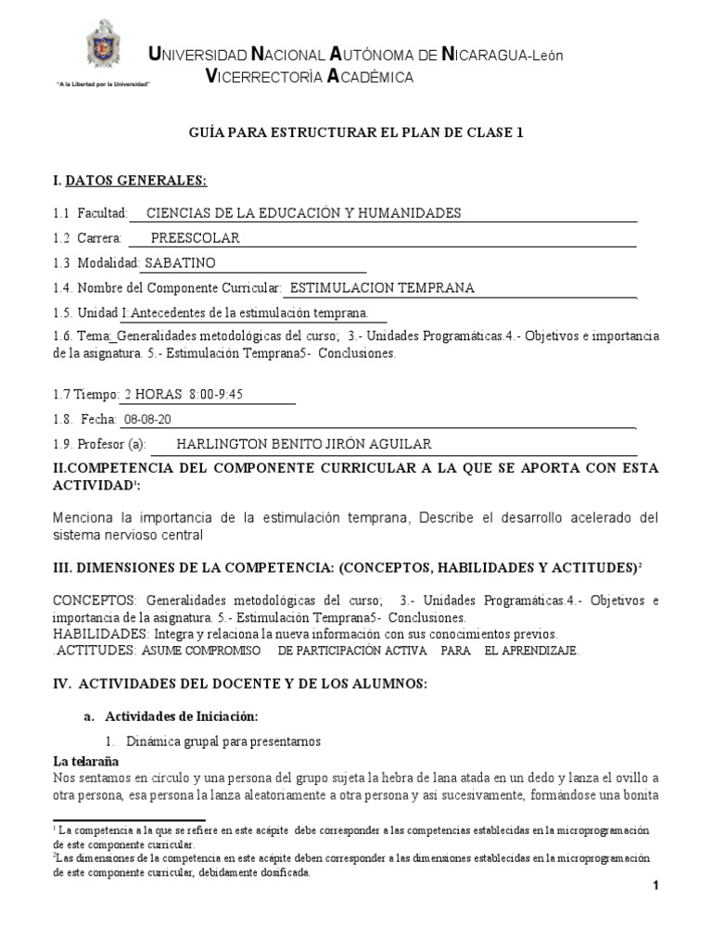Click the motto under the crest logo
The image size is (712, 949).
coord(103,84)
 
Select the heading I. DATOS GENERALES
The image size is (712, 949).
coord(130,179)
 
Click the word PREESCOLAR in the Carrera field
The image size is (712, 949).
coord(195,238)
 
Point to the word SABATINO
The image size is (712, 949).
coord(181,263)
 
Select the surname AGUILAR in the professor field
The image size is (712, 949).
coord(398,444)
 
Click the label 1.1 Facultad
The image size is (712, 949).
coord(90,213)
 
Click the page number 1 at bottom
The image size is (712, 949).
coord(655,887)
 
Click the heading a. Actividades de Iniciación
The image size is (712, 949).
coord(172,716)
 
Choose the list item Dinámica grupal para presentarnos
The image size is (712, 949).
coord(223,740)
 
